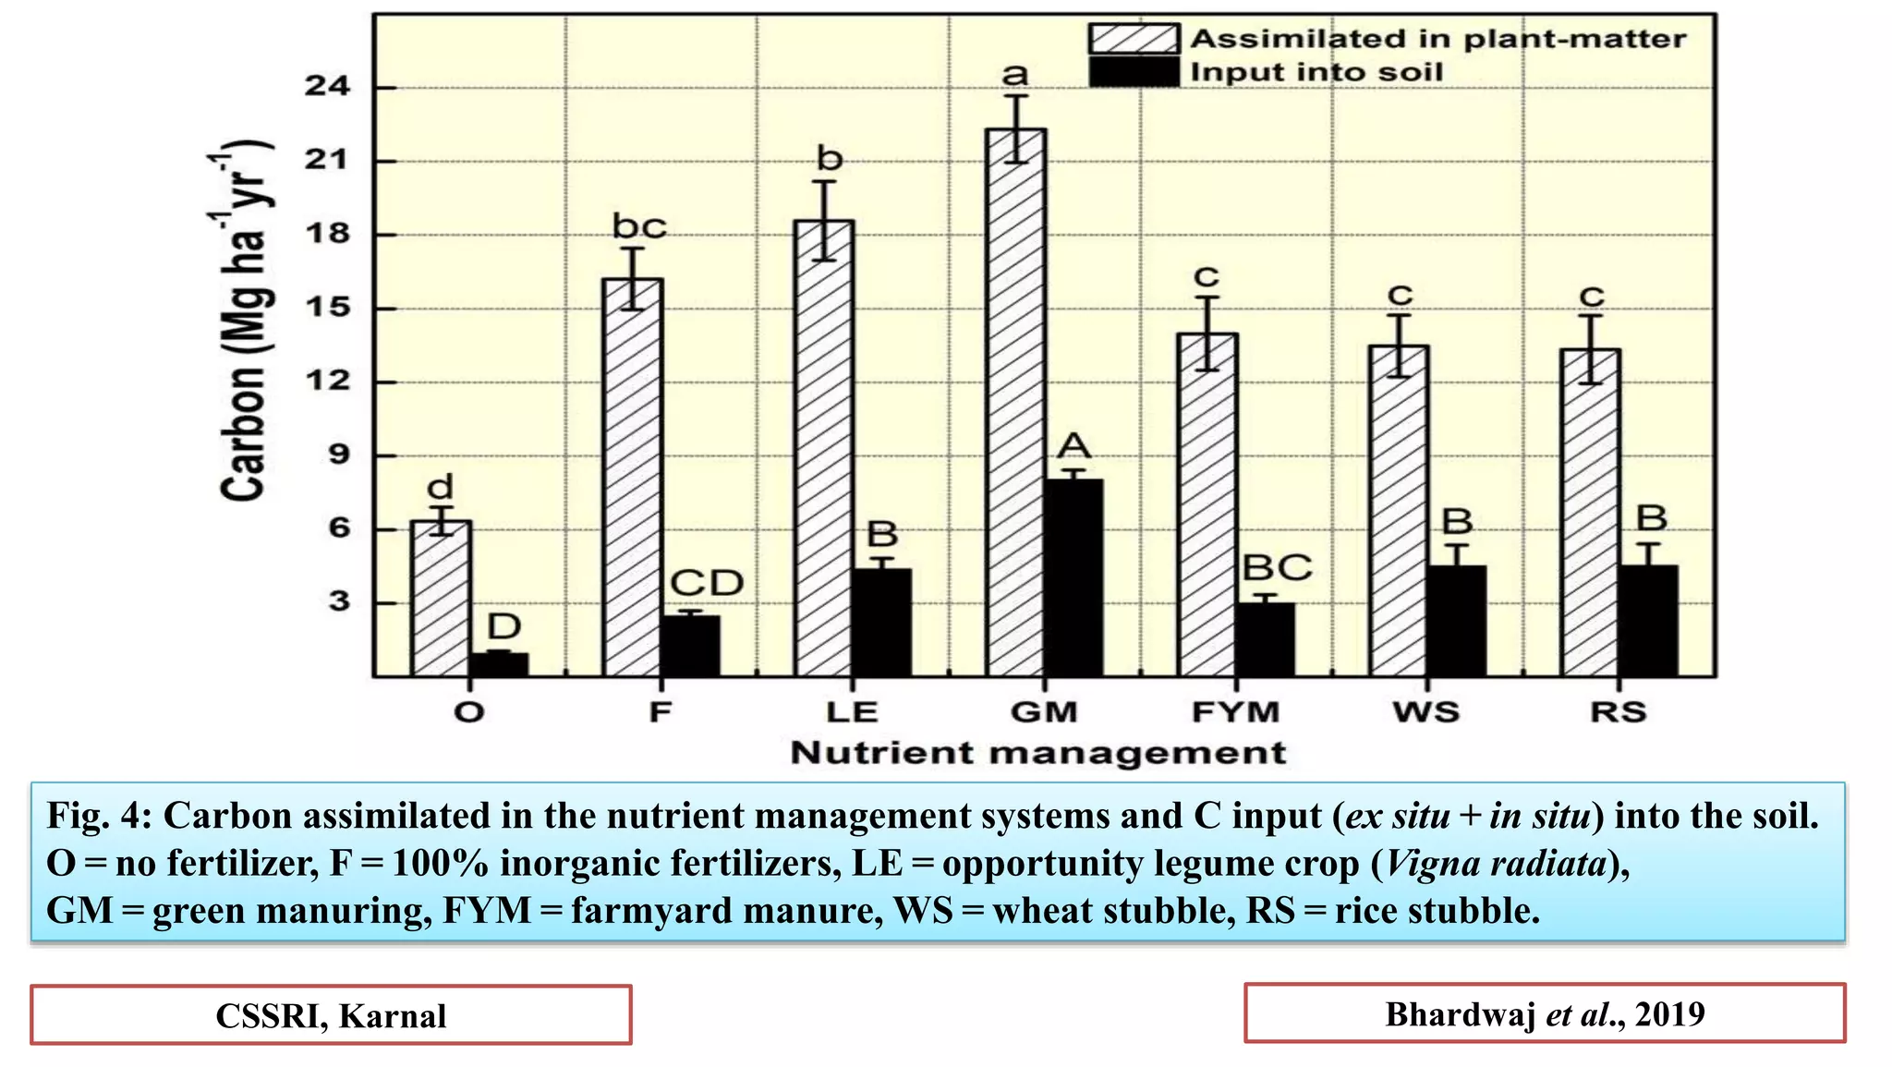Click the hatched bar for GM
coord(1015,402)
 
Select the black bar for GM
coord(1073,577)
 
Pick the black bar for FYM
coord(1265,639)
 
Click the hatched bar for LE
coord(824,448)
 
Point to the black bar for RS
coord(1648,621)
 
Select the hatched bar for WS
coord(1399,511)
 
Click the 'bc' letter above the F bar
coord(639,226)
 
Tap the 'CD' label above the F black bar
coord(706,583)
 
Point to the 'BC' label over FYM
coord(1277,567)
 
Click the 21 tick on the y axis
coord(328,160)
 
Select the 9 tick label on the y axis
coord(339,455)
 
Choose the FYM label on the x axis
coord(1235,712)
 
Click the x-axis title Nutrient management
coord(1037,753)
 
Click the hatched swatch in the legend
coord(1133,39)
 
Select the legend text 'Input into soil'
coord(1316,72)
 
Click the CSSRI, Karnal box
coord(331,1015)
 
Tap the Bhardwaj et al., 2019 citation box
coord(1544,1013)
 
